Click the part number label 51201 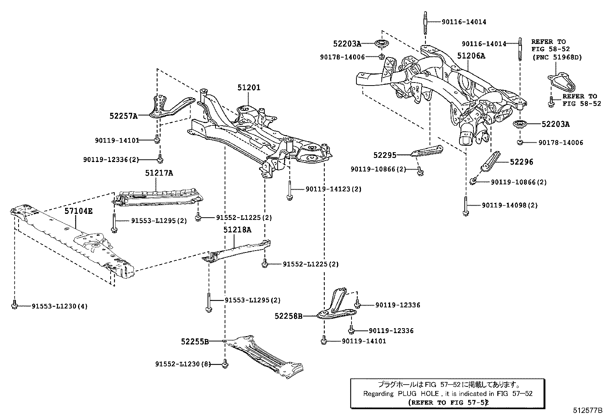pos(249,87)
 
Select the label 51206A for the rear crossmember pos(471,56)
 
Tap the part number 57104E pos(78,211)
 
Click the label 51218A pos(237,230)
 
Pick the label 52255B pos(195,341)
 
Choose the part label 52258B pos(289,316)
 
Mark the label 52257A pos(123,116)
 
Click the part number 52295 pos(384,155)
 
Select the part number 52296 pos(521,162)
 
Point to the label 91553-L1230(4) pos(59,306)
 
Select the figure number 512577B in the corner pos(587,410)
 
